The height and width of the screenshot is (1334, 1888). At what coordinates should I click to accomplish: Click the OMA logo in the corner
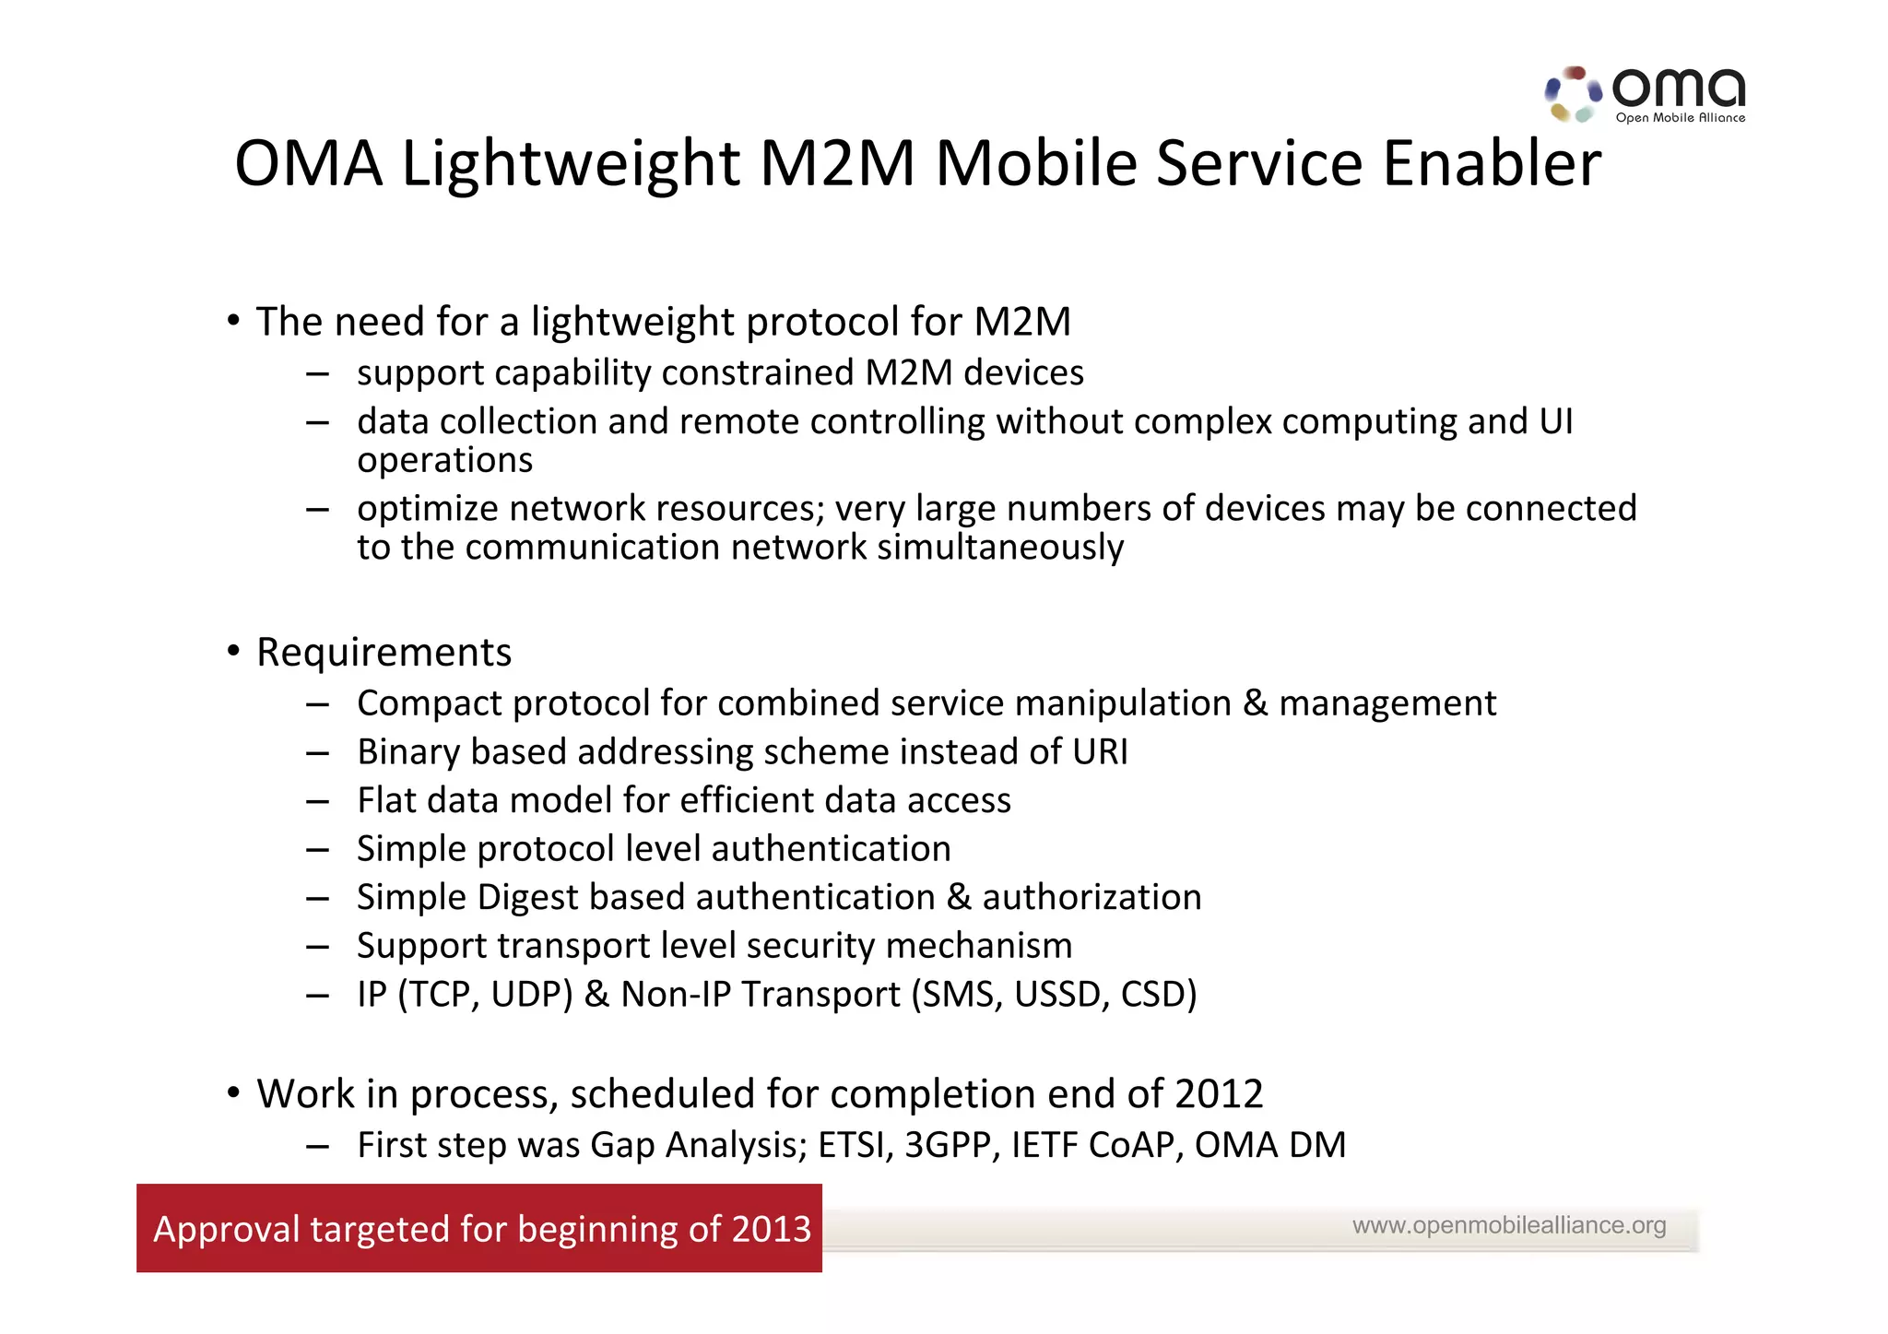click(1646, 94)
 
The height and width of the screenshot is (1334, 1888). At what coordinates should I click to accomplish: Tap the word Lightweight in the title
click(570, 164)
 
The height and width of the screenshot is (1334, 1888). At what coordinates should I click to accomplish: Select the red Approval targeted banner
click(479, 1228)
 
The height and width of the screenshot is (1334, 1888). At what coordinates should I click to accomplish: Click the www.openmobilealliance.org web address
click(1509, 1225)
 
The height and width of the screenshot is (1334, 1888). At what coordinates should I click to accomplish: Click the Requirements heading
click(383, 653)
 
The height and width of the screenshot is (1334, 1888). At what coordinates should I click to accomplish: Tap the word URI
click(1100, 752)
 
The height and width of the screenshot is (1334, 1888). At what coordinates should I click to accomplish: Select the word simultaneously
click(1000, 548)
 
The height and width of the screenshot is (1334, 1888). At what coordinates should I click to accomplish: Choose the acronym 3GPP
click(952, 1145)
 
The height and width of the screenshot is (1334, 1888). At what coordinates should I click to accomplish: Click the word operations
click(444, 461)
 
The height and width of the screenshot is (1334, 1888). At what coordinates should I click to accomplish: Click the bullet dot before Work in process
click(234, 1093)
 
